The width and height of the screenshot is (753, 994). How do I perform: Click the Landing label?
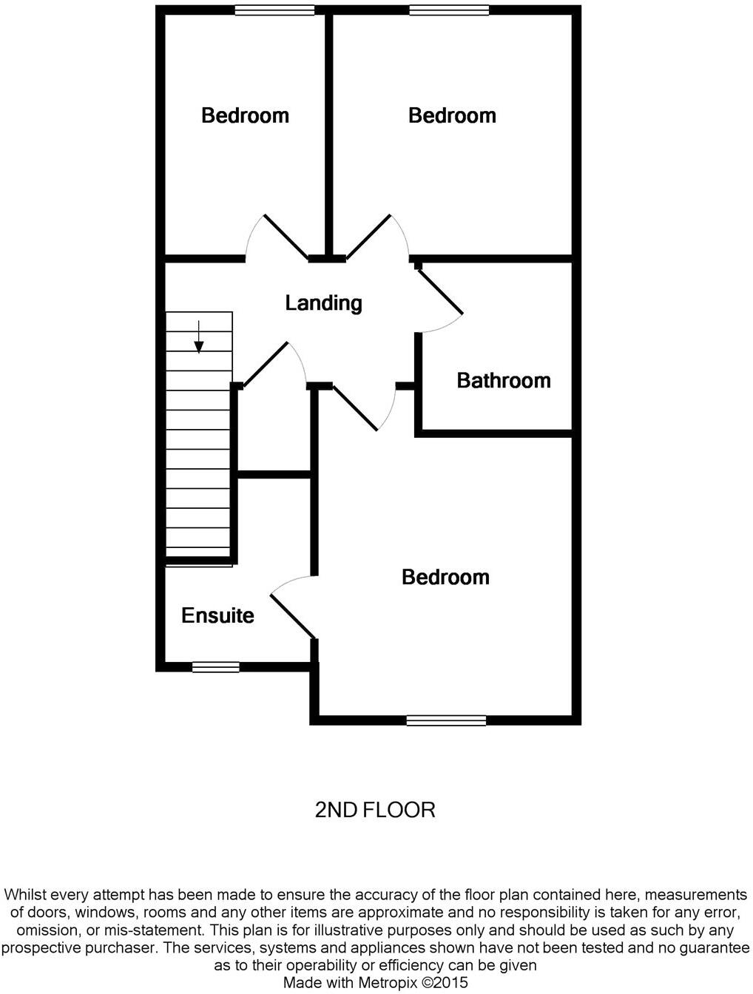tap(323, 303)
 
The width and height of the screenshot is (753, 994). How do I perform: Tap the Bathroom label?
tap(504, 381)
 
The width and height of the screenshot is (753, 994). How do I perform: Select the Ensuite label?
tap(217, 616)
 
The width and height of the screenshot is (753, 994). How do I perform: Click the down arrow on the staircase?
tap(198, 337)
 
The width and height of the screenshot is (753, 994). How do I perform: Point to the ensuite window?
tap(215, 667)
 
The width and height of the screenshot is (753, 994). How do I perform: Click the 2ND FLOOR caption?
tap(375, 810)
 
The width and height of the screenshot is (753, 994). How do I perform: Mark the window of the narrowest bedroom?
tap(274, 10)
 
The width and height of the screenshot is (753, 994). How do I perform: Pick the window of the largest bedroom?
tap(446, 720)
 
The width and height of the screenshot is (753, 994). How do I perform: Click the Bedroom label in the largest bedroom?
tap(445, 578)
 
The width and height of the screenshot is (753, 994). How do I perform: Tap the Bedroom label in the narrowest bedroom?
tap(245, 115)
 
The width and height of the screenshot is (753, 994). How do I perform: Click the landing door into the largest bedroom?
tap(355, 408)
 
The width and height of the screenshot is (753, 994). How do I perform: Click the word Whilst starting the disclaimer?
tap(27, 895)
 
